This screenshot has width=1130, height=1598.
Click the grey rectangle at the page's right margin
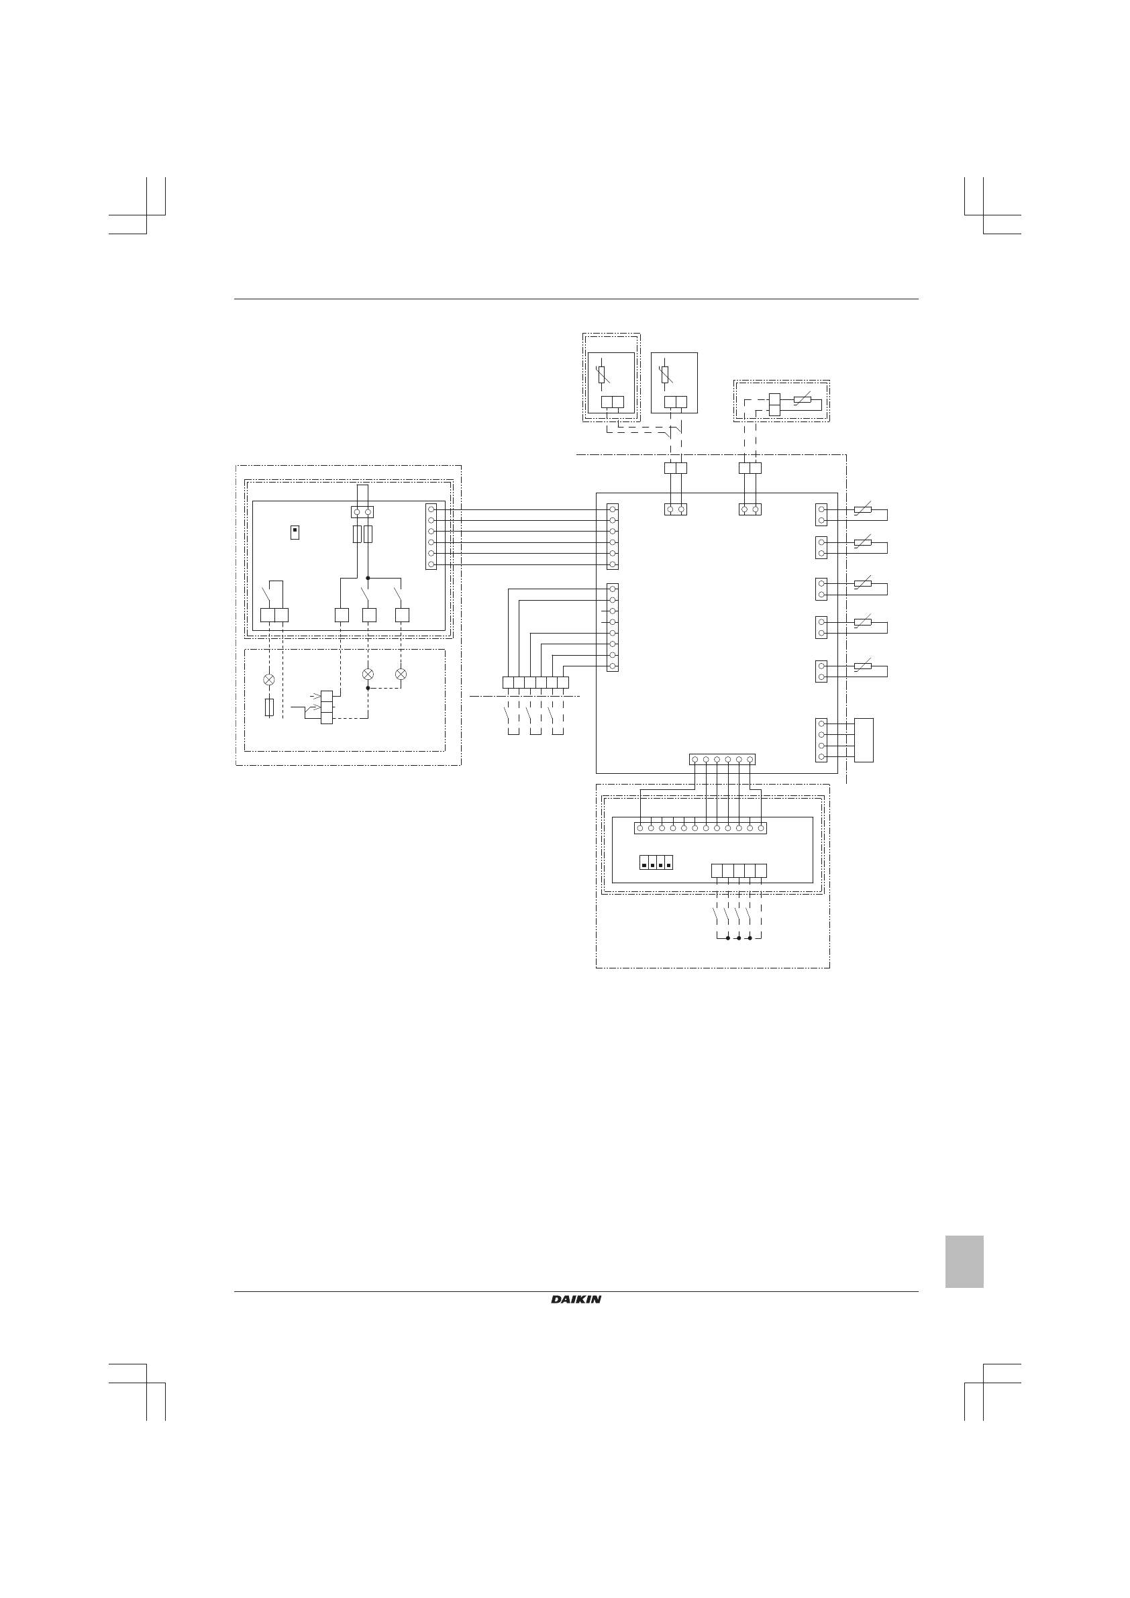[964, 1262]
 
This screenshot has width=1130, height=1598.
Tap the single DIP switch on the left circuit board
[295, 533]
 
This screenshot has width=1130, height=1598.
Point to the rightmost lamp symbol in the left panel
[401, 674]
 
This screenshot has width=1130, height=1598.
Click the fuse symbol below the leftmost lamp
[269, 708]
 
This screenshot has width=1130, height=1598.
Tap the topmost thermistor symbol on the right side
[863, 511]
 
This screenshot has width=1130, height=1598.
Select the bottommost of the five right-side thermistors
[863, 666]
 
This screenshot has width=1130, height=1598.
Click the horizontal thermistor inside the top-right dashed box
[803, 400]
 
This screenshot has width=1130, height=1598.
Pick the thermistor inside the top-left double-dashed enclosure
[603, 375]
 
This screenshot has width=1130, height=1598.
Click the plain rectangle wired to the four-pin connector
[864, 740]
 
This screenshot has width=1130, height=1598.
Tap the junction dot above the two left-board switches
[368, 578]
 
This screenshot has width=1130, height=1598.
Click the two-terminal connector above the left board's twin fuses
[362, 512]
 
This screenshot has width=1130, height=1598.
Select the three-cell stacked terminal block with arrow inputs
[326, 708]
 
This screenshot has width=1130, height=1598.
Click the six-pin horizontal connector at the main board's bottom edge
[722, 760]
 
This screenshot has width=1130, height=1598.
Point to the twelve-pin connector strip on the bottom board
[700, 828]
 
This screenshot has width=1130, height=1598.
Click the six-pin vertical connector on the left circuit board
[431, 537]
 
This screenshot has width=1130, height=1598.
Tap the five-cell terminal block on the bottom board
[739, 870]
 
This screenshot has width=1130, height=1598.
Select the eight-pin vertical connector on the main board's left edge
[613, 628]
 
